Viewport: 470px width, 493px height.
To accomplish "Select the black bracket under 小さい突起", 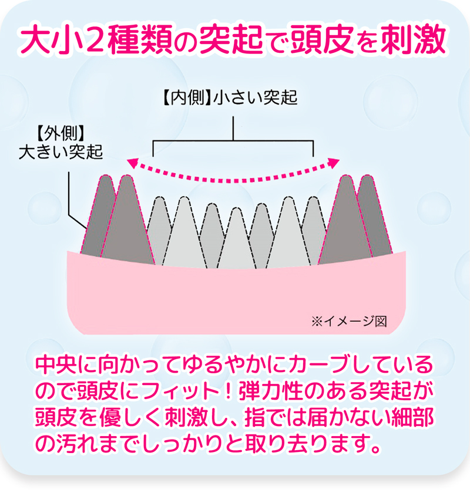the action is coord(234,141).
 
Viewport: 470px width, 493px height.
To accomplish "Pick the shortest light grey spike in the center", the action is coord(235,241).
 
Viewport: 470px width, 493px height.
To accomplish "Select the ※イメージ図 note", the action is coord(349,321).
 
